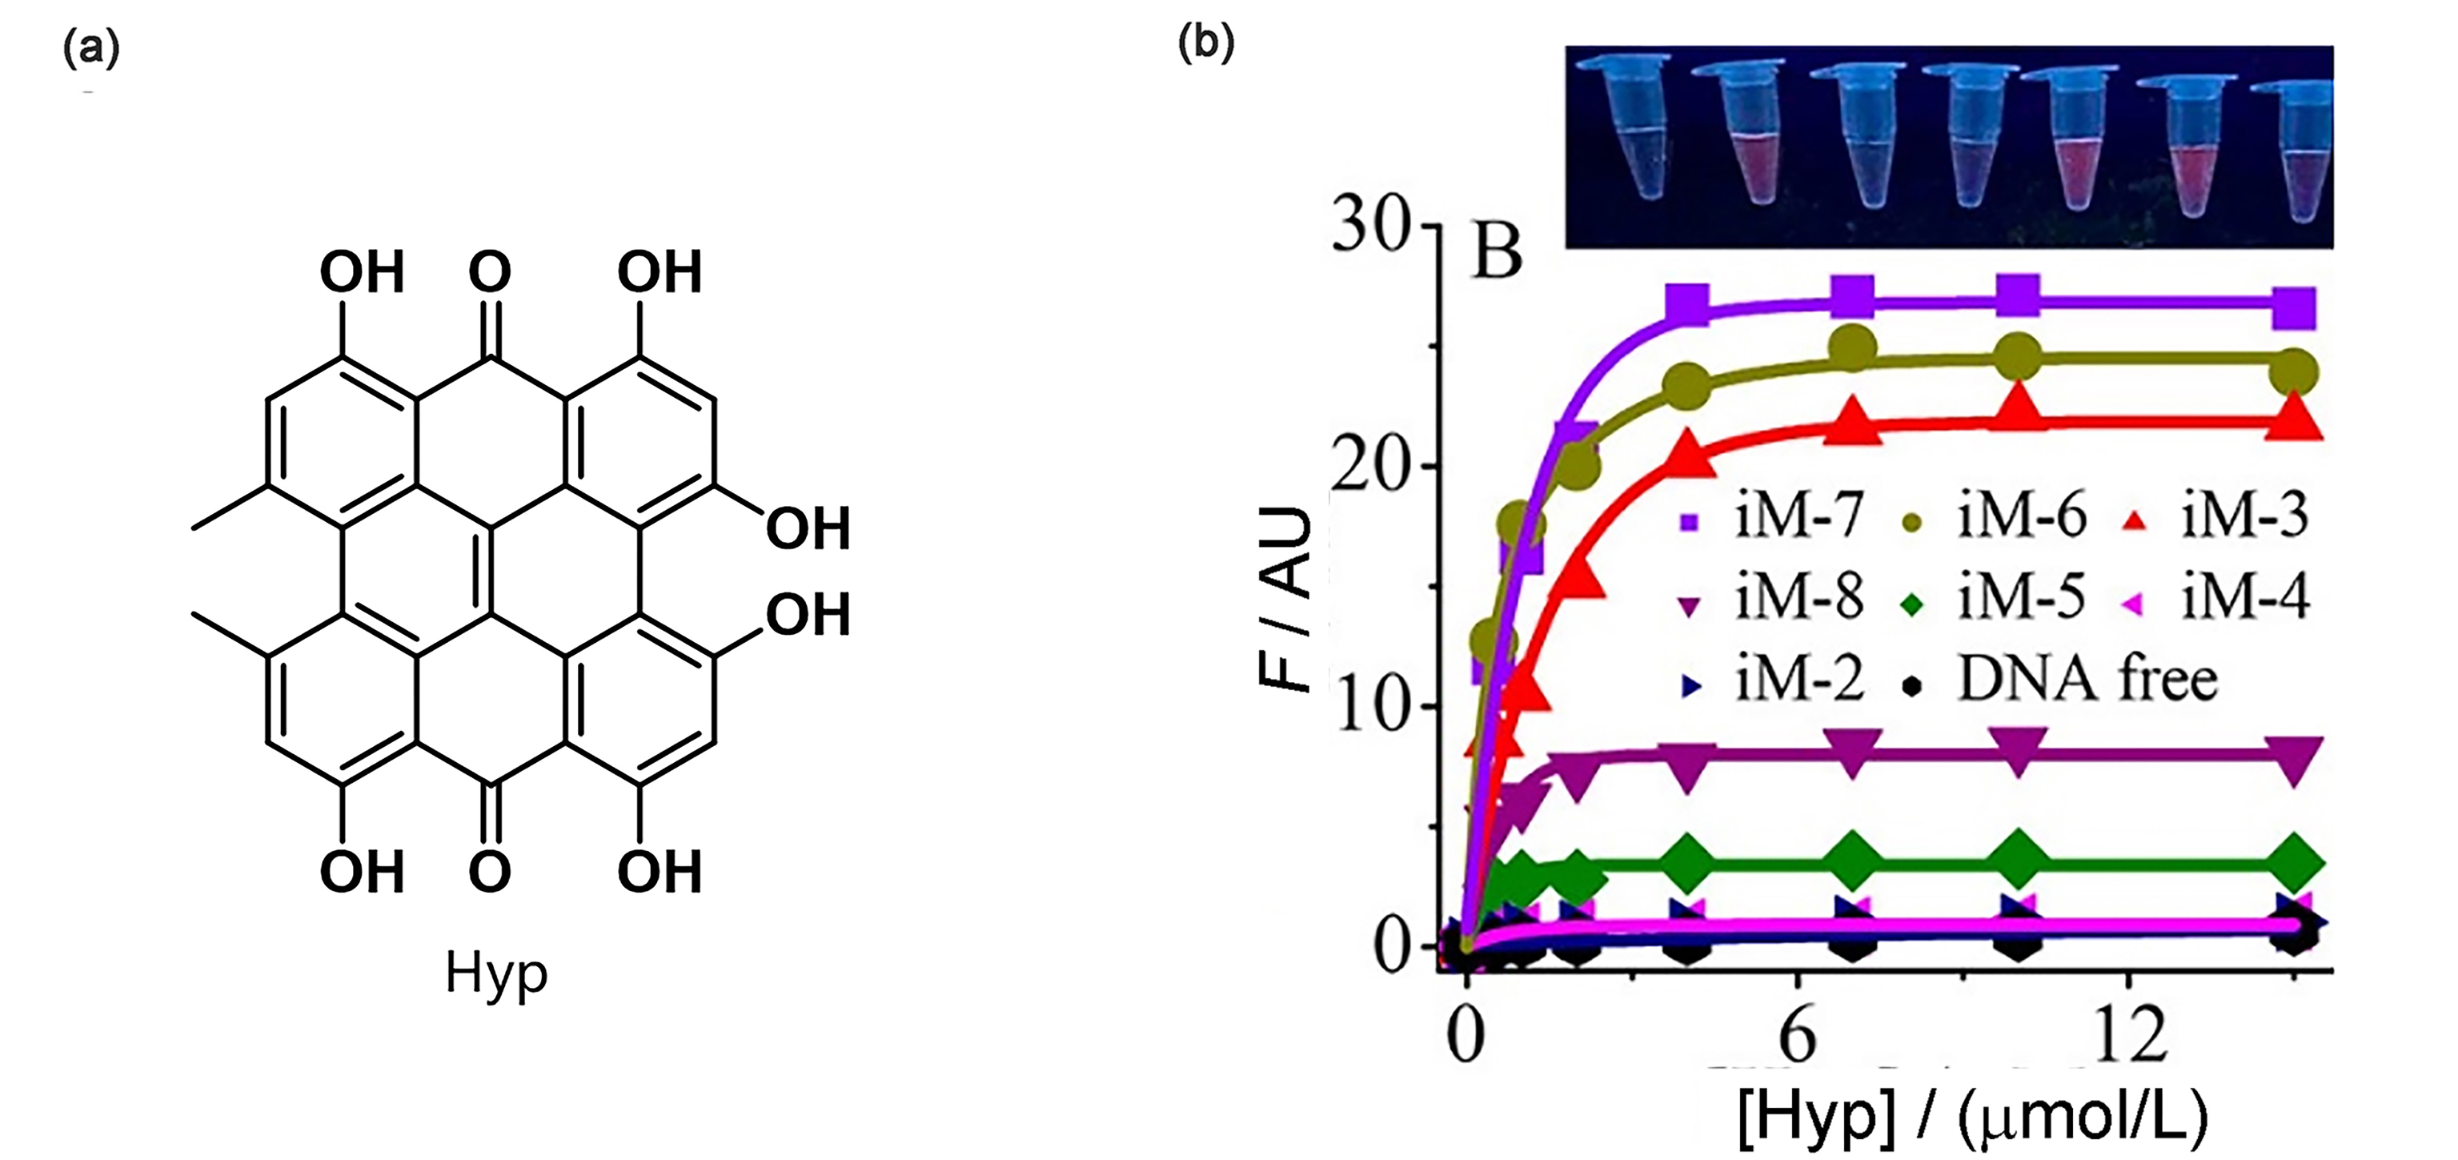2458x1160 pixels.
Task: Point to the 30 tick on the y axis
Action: (1370, 228)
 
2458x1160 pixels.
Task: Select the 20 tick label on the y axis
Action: (1370, 468)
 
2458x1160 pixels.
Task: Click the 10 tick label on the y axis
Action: (1370, 708)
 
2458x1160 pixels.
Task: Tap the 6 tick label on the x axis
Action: (1798, 1036)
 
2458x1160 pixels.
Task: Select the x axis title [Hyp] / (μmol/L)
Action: (1971, 1122)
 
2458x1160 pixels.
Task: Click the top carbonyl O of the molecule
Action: (490, 272)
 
